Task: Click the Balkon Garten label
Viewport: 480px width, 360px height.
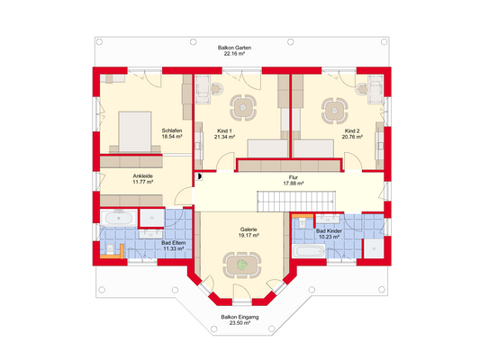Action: click(239, 47)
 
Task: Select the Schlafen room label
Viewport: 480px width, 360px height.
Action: click(172, 130)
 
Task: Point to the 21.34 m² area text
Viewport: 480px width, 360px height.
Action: click(224, 139)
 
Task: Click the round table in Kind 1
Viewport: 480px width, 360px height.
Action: click(240, 107)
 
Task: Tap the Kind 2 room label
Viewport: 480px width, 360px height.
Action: click(352, 130)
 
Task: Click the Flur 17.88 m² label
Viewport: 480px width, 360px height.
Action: click(293, 180)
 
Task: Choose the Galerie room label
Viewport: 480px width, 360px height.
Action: click(249, 229)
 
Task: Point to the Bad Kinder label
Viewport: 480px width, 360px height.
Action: click(328, 231)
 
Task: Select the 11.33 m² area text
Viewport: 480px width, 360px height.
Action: click(173, 248)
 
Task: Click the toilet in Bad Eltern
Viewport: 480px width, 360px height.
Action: click(108, 249)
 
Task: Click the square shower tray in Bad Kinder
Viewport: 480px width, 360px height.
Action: click(368, 247)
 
